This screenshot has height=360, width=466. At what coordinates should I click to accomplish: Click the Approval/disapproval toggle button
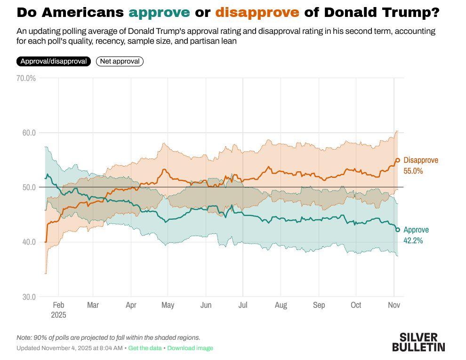coord(54,61)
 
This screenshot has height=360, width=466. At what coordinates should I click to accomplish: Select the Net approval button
coord(120,61)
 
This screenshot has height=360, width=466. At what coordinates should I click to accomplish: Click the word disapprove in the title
coord(258,13)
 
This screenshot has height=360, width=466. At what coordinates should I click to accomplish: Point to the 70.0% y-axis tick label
coord(26,78)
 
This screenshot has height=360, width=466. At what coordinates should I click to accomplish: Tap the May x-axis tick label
coord(168,305)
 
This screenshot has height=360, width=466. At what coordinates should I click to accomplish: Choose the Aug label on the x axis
coord(281,305)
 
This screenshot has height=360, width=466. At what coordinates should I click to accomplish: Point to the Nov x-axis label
coord(394,305)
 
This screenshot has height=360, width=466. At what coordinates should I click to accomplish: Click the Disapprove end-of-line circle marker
coord(398,160)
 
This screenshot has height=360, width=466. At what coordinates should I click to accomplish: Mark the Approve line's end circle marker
coord(398,230)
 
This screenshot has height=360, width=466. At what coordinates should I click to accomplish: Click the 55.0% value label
coord(413,171)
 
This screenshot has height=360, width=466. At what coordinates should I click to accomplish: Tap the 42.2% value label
coord(413,240)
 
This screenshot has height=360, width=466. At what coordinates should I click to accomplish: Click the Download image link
coord(190,348)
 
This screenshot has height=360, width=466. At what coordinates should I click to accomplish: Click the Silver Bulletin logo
coord(418,342)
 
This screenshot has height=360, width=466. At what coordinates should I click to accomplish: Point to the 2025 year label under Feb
coord(59,314)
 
